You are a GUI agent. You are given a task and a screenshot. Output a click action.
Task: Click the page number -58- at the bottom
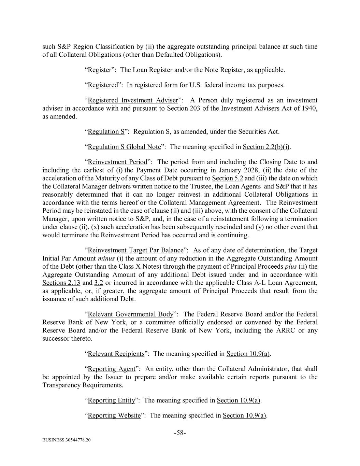(x=180, y=433)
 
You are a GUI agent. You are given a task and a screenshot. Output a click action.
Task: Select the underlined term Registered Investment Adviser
(x=133, y=100)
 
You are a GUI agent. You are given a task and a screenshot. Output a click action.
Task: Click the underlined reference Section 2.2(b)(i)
(x=266, y=147)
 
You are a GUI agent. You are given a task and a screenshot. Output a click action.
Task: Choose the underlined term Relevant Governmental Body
(x=130, y=314)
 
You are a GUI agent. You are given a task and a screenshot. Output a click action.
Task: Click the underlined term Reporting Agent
(x=112, y=369)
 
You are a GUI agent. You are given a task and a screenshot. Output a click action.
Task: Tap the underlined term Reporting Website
(x=114, y=415)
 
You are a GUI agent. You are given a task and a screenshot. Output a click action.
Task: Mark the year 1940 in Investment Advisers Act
(x=310, y=109)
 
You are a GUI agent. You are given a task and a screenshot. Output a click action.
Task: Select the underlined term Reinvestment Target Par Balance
(x=135, y=250)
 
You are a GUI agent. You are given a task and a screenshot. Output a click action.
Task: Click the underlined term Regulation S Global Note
(x=124, y=147)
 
